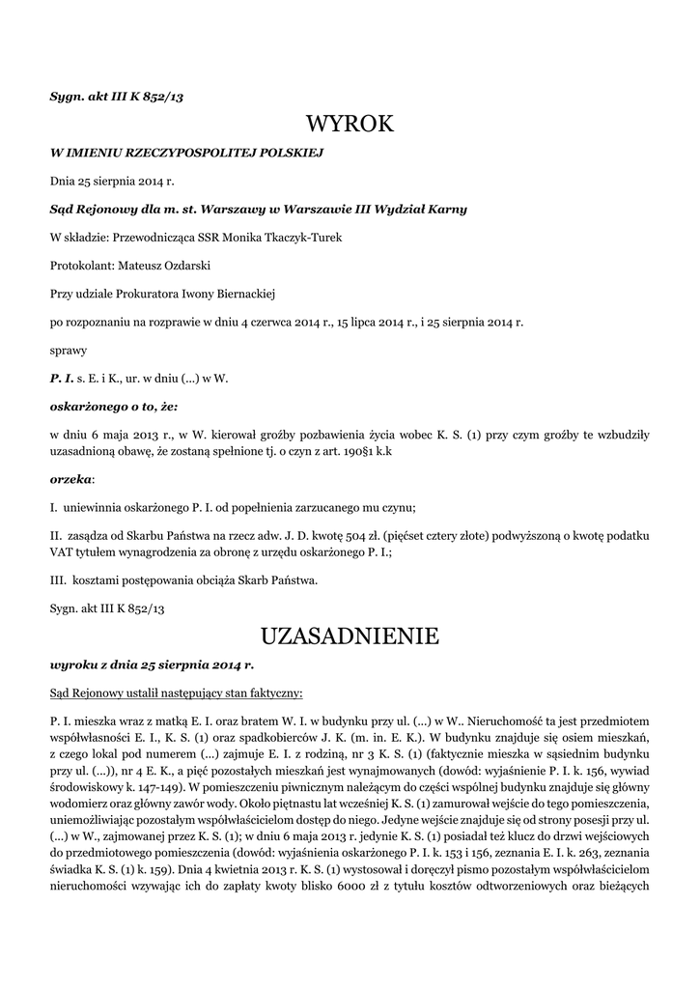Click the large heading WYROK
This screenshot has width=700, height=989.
(350, 125)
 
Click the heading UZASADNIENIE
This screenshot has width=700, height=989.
(350, 636)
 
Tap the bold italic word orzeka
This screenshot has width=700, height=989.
(70, 478)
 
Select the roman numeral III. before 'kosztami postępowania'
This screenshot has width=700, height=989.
(59, 580)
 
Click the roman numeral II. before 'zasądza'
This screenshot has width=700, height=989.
(56, 534)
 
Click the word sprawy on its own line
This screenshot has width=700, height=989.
(69, 350)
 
